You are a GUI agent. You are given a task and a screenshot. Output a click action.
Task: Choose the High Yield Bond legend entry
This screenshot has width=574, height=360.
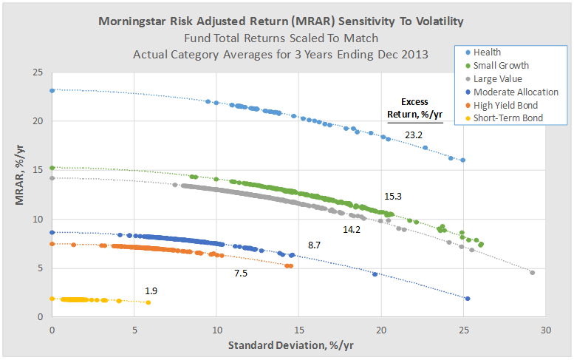pyautogui.click(x=506, y=105)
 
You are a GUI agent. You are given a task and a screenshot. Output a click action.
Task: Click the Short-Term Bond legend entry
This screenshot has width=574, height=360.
pyautogui.click(x=508, y=118)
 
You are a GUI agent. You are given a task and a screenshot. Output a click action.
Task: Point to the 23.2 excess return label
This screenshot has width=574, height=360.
pyautogui.click(x=413, y=135)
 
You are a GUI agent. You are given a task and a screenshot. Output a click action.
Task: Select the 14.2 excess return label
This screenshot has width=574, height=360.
pyautogui.click(x=352, y=230)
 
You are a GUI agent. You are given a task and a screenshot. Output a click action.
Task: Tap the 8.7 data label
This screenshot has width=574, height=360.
pyautogui.click(x=314, y=244)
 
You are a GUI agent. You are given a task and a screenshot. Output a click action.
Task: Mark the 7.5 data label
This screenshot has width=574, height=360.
pyautogui.click(x=240, y=273)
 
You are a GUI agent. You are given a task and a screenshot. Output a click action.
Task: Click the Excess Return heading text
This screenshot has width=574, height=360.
pyautogui.click(x=414, y=108)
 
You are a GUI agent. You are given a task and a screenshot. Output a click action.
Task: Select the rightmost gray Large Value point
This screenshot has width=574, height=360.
pyautogui.click(x=532, y=273)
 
